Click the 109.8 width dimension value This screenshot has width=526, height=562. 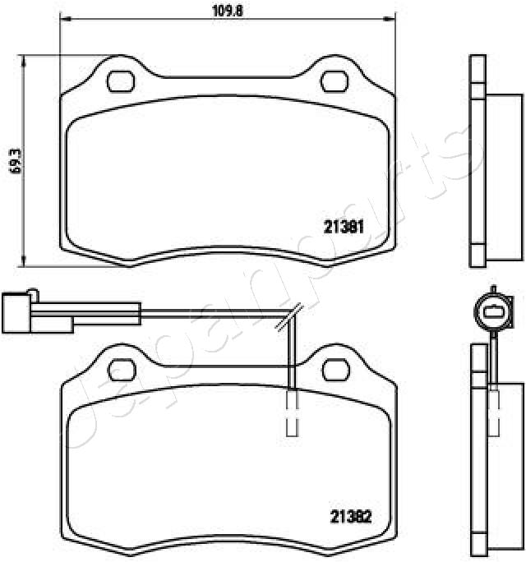click(228, 12)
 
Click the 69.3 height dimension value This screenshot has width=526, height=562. click(15, 161)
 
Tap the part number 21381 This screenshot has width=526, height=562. click(344, 227)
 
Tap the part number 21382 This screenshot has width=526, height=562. click(351, 517)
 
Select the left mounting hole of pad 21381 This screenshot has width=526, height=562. click(121, 81)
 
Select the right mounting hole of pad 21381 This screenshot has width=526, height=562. click(334, 81)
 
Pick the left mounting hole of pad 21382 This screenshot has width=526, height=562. click(122, 370)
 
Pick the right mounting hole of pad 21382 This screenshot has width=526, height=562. click(335, 370)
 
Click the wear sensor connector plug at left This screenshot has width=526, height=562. click(16, 313)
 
